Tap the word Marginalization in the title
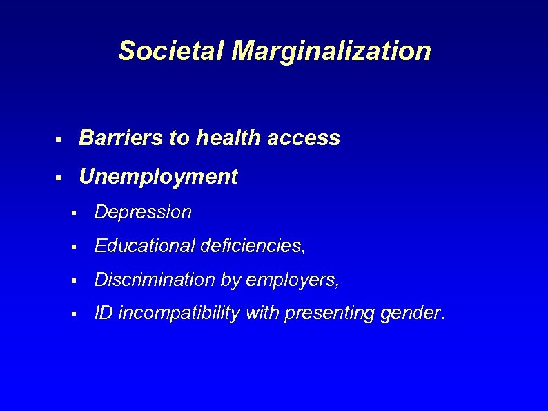click(331, 51)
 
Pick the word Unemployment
click(158, 177)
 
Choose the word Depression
click(143, 212)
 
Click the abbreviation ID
click(104, 314)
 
